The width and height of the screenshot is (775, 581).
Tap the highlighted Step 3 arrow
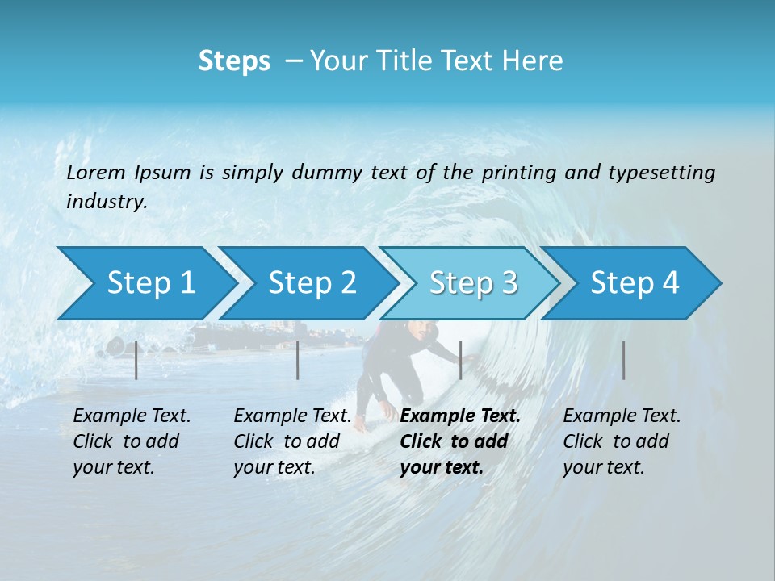pos(473,282)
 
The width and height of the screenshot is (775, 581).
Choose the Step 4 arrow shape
pos(635,282)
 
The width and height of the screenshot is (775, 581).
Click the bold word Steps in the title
pos(234,61)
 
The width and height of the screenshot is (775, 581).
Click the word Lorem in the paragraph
pos(96,172)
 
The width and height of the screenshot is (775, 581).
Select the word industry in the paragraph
pos(106,201)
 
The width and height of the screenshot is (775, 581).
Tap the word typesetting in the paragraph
pos(661,172)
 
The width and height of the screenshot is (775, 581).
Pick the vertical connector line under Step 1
pos(136,360)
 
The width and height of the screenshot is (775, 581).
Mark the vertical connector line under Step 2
pos(298,360)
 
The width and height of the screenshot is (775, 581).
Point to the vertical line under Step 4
pos(623,360)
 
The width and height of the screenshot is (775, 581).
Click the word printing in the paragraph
pos(516,172)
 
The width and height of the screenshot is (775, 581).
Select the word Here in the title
pos(536,61)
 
